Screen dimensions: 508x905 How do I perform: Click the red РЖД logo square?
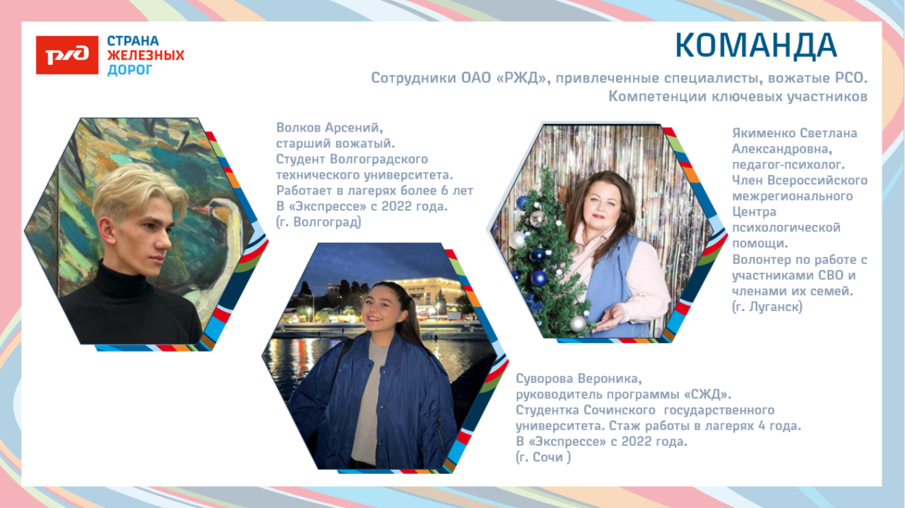67,54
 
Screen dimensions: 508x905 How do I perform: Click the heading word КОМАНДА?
756,46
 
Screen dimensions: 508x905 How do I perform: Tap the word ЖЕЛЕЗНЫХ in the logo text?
146,55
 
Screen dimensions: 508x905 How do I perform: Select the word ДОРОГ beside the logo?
130,69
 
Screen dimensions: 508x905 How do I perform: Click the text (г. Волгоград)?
319,222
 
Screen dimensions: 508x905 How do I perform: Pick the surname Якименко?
764,133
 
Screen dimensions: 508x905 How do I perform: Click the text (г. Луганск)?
767,307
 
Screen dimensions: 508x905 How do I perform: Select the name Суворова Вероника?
578,378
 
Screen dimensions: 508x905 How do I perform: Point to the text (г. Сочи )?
542,457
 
